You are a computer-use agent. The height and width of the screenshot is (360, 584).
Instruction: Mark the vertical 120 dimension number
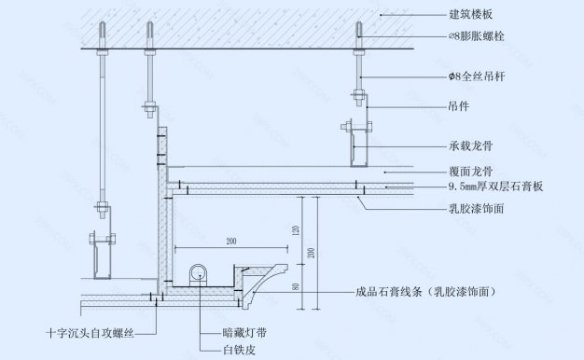[295, 228]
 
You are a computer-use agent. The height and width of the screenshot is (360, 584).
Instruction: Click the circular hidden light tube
[198, 273]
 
